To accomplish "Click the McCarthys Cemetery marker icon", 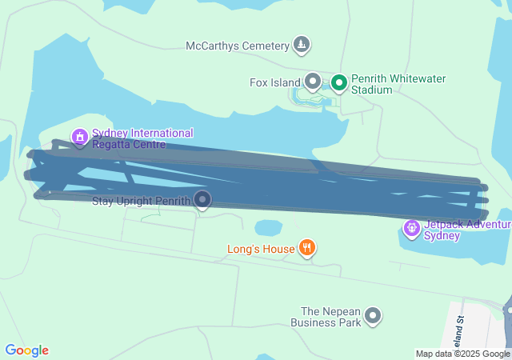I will point(302,45).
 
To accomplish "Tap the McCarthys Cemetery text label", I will point(237,46).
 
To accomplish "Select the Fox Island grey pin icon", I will point(313,81).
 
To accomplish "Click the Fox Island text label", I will point(274,82).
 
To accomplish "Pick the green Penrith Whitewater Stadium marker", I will point(338,82).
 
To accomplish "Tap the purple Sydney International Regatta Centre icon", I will point(79,138).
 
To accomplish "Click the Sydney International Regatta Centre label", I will point(142,138).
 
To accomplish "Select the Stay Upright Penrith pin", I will point(203,199).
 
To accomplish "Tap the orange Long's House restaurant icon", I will point(306,248).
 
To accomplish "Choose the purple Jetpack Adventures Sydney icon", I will point(412,230).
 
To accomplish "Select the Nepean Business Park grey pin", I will point(373,317).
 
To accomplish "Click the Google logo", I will point(26,350).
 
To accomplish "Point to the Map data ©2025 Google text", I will point(462,354).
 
